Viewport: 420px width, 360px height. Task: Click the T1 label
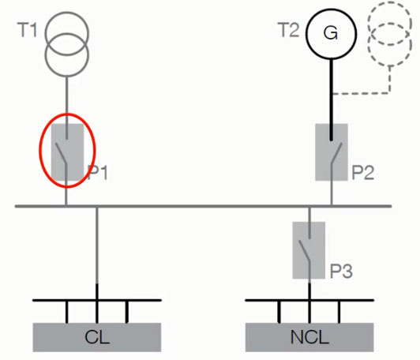[27, 30]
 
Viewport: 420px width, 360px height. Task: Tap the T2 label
[288, 30]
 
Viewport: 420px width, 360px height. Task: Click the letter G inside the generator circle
[331, 33]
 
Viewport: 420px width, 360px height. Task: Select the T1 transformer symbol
[66, 44]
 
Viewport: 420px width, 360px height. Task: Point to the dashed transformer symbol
[390, 34]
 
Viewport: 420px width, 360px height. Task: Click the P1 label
[98, 172]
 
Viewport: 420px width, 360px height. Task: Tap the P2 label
[362, 172]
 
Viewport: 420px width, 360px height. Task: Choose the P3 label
[341, 271]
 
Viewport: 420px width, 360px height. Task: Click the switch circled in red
[67, 152]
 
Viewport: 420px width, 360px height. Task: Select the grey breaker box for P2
[332, 152]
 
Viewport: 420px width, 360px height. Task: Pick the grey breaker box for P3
[309, 250]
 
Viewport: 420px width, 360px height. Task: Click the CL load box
[97, 337]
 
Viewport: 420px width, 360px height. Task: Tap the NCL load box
[309, 337]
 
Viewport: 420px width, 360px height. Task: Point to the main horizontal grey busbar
[204, 206]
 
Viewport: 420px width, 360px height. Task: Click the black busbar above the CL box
[97, 300]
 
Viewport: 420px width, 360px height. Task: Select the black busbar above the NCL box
[309, 300]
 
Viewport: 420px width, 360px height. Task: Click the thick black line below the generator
[332, 99]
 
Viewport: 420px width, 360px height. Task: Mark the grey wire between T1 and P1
[67, 107]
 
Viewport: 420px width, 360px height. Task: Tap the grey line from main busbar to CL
[97, 246]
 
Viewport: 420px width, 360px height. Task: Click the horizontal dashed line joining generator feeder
[361, 93]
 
